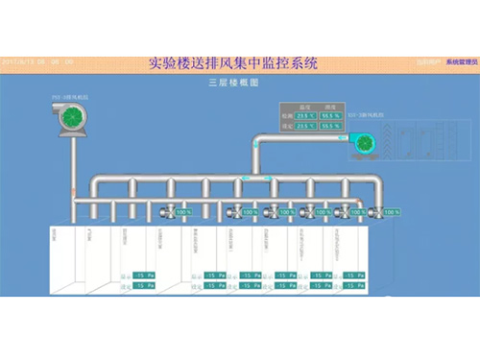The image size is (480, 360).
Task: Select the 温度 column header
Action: click(x=304, y=107)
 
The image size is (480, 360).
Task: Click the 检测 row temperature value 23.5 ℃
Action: click(x=304, y=115)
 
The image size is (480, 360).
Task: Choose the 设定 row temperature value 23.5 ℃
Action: click(x=304, y=125)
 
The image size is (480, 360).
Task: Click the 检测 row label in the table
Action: click(x=286, y=115)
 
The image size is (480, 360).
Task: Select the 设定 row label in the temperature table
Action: click(x=286, y=125)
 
